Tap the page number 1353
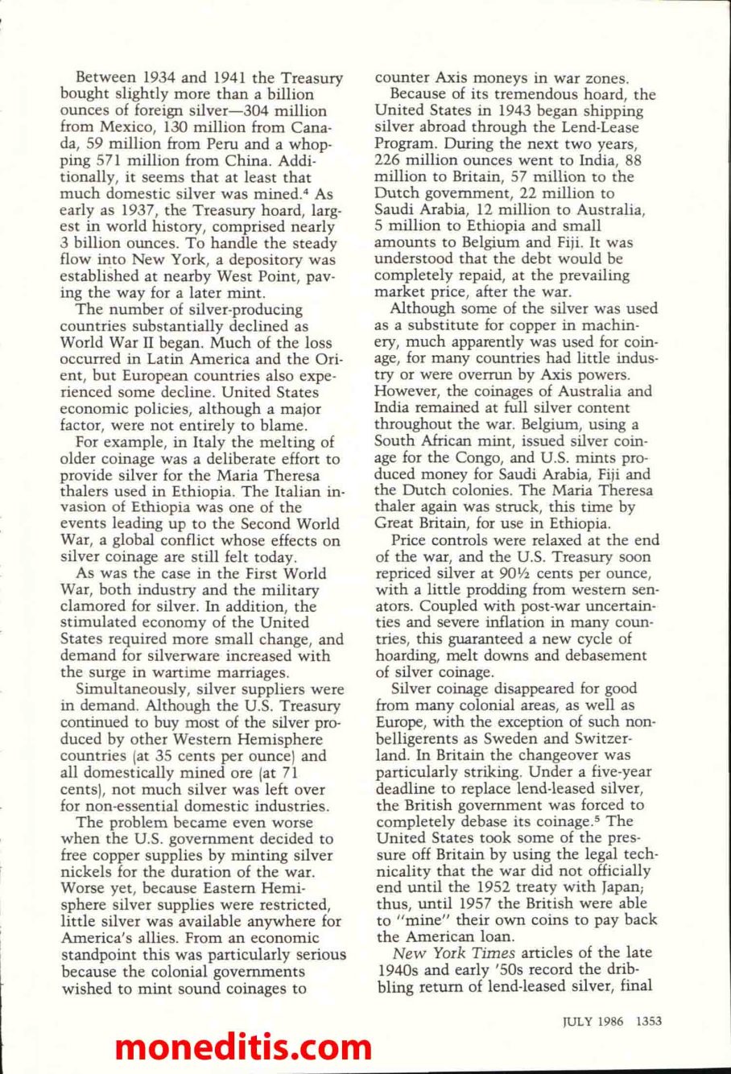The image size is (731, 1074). [x=648, y=1021]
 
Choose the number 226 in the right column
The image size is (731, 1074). [x=391, y=161]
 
